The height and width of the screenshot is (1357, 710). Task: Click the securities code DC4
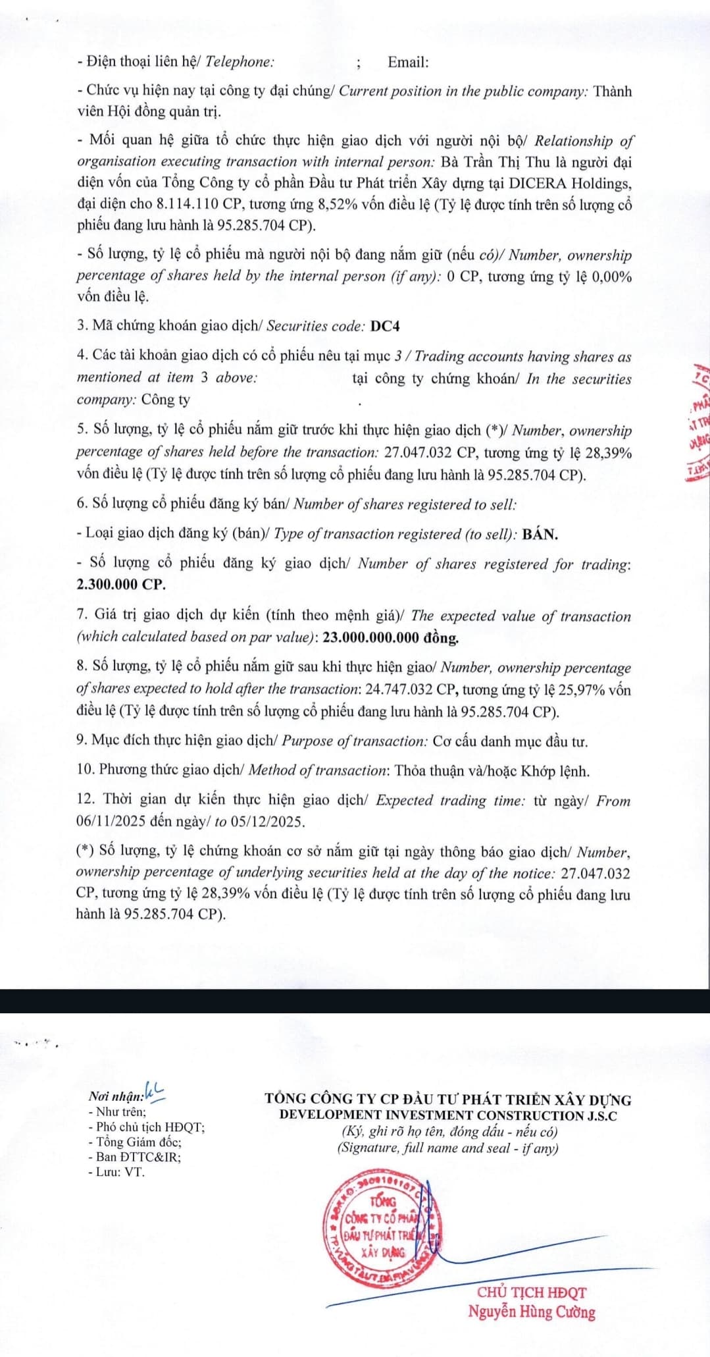[385, 326]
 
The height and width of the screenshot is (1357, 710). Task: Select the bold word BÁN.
[540, 534]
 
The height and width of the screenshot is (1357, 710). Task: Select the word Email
[407, 63]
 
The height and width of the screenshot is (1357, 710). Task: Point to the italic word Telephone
[240, 63]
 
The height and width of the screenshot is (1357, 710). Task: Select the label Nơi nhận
[116, 1096]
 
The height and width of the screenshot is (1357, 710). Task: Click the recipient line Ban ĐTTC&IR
[138, 1156]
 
